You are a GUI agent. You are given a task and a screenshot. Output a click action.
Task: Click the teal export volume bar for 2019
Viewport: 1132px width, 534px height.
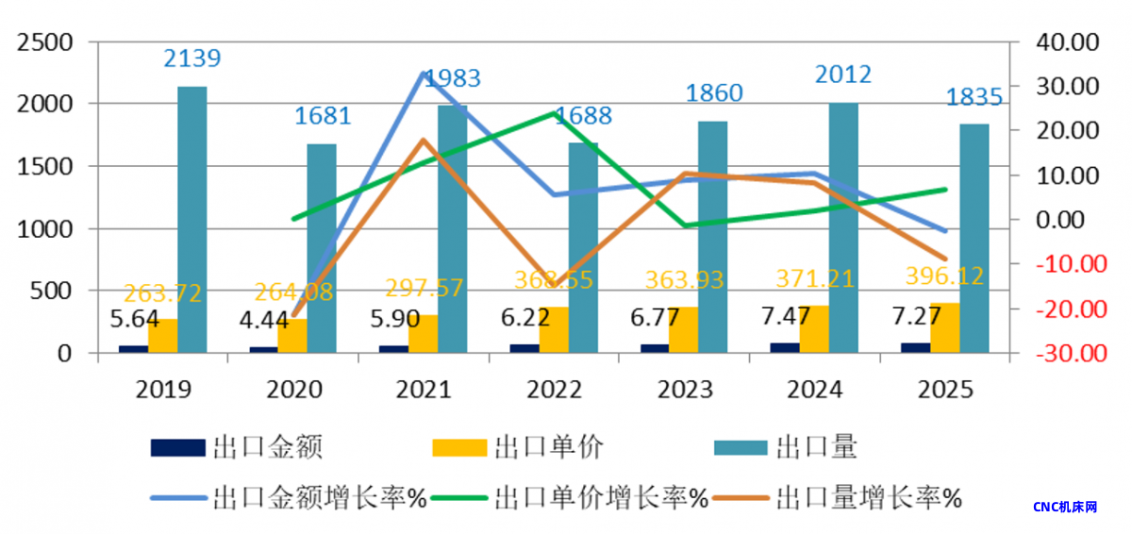coord(192,220)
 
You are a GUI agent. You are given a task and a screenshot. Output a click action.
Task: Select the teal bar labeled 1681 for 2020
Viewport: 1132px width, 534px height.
coord(322,249)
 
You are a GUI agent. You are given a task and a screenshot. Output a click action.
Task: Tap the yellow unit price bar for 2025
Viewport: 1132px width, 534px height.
coord(945,328)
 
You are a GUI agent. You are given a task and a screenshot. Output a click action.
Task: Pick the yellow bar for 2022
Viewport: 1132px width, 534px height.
coord(554,330)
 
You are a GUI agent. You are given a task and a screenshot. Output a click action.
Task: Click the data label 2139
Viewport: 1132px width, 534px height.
coord(192,58)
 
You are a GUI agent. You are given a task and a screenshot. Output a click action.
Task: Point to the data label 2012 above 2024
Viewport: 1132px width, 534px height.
coord(842,75)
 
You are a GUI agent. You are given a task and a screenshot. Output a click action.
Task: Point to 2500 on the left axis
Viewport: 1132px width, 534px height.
coord(45,42)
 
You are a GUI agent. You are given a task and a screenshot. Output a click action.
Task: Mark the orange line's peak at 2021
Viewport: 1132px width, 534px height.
coord(424,140)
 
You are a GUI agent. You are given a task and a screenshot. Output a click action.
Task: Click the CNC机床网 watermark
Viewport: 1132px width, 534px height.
coord(1065,507)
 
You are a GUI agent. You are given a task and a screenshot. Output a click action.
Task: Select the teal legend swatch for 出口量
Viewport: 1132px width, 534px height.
coord(741,446)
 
